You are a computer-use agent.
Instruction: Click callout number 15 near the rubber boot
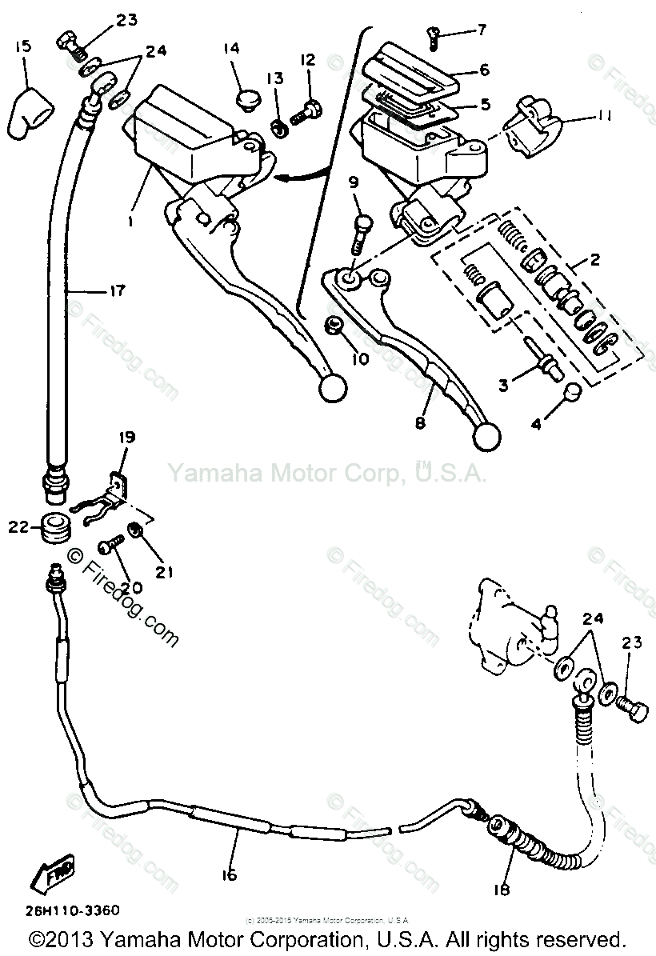coord(22,47)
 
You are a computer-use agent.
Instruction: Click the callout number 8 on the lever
coord(419,423)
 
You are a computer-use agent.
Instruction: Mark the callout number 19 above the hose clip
coord(127,437)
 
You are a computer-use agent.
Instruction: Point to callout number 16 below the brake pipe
coord(229,875)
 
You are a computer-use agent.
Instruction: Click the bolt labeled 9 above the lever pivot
coord(361,231)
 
